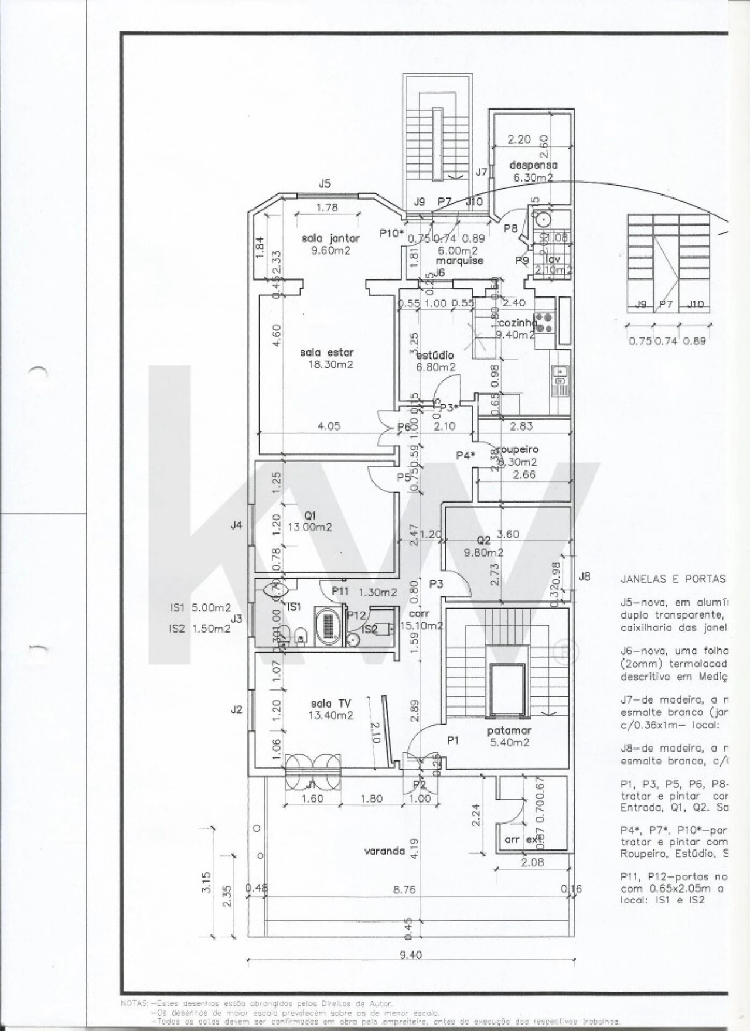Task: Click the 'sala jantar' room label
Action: tap(330, 238)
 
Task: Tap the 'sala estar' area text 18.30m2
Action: tap(330, 364)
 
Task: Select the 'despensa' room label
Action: tap(533, 165)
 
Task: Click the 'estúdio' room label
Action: tap(435, 355)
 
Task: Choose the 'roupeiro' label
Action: tap(517, 450)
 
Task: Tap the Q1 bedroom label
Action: tap(310, 515)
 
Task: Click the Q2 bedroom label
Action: tap(483, 540)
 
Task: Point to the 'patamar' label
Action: tap(509, 730)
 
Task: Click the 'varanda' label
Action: tap(384, 851)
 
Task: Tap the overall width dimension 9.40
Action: tap(410, 955)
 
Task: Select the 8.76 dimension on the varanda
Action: tap(404, 889)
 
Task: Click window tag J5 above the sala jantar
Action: tap(325, 184)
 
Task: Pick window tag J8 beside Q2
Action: tap(584, 576)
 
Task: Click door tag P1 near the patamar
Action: tap(453, 740)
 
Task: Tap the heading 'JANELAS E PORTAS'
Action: tap(673, 579)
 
